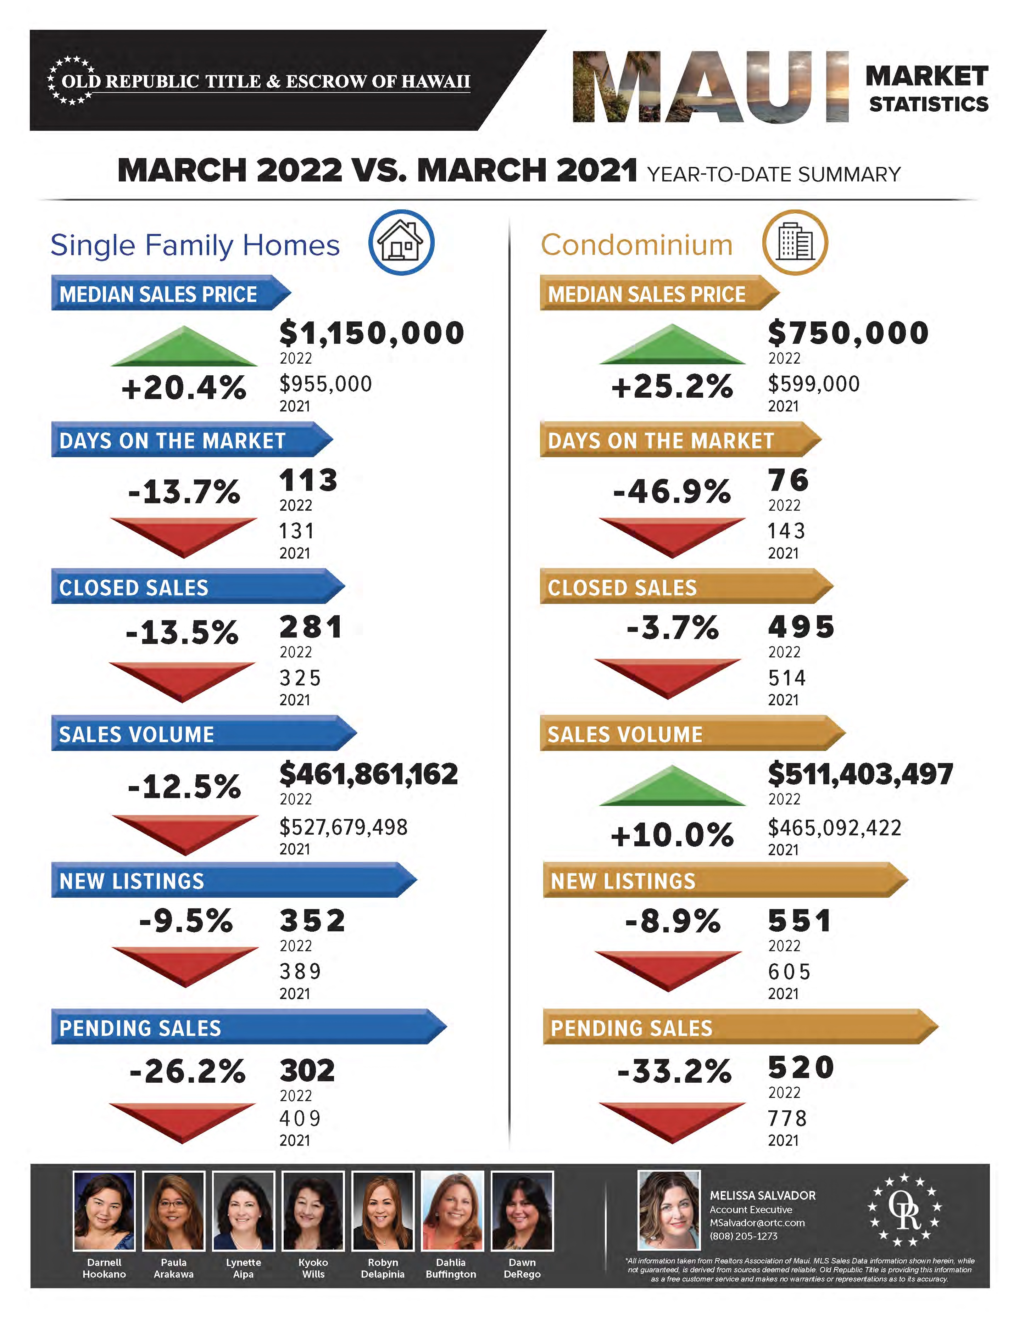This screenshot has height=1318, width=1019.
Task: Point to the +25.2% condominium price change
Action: click(x=672, y=386)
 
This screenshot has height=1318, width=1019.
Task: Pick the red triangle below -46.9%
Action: click(x=672, y=535)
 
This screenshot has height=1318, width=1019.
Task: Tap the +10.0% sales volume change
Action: click(x=672, y=835)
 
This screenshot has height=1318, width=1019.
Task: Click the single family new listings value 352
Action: click(x=312, y=921)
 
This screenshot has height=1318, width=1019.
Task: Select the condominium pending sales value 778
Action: click(x=787, y=1118)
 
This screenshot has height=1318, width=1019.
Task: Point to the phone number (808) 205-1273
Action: click(x=743, y=1236)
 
